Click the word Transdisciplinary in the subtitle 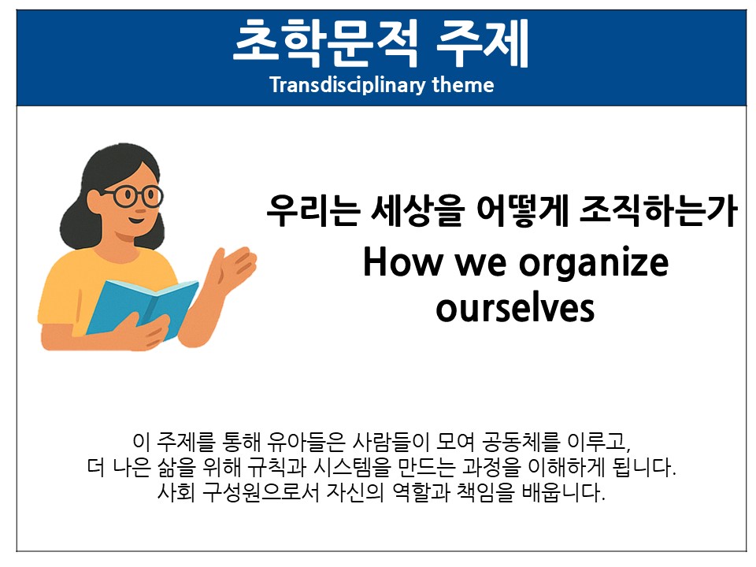[x=347, y=85]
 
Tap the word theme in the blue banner [x=463, y=85]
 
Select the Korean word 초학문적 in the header [x=325, y=43]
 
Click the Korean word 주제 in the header [x=483, y=43]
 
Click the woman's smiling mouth [x=137, y=220]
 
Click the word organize [x=594, y=265]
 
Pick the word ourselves [x=515, y=309]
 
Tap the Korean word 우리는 [x=313, y=210]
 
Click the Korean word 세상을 [x=417, y=210]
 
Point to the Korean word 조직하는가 [x=658, y=210]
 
